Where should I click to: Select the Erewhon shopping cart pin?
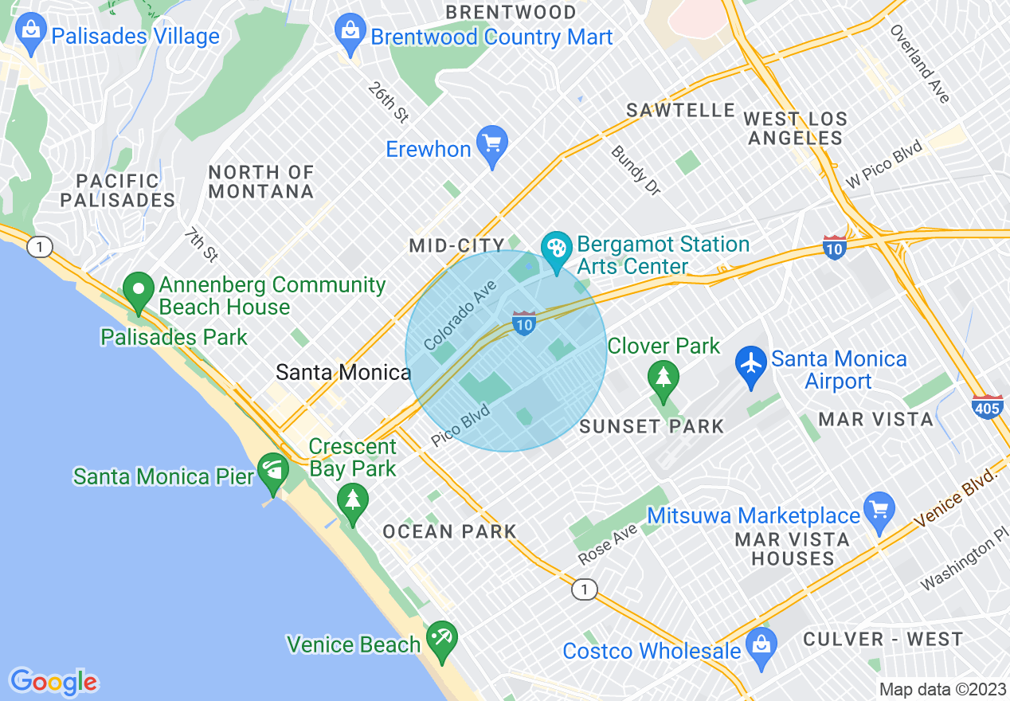(x=492, y=144)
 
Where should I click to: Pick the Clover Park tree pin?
(x=663, y=375)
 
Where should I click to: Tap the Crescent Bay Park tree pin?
(x=352, y=501)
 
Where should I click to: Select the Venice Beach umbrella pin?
(x=440, y=638)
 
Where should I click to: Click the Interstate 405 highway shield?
(x=987, y=407)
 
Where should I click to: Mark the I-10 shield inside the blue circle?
(x=523, y=323)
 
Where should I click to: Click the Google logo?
(x=53, y=682)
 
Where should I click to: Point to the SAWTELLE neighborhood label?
(x=680, y=111)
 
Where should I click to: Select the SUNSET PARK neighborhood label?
(x=652, y=427)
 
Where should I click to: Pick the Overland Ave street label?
(x=920, y=65)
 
